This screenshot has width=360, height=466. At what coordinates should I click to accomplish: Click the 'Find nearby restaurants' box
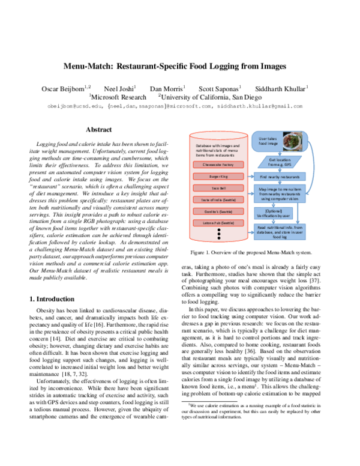(x=280, y=177)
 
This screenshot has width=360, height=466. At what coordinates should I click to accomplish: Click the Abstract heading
(x=98, y=129)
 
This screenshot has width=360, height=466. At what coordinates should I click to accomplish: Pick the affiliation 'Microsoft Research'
(x=118, y=96)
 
